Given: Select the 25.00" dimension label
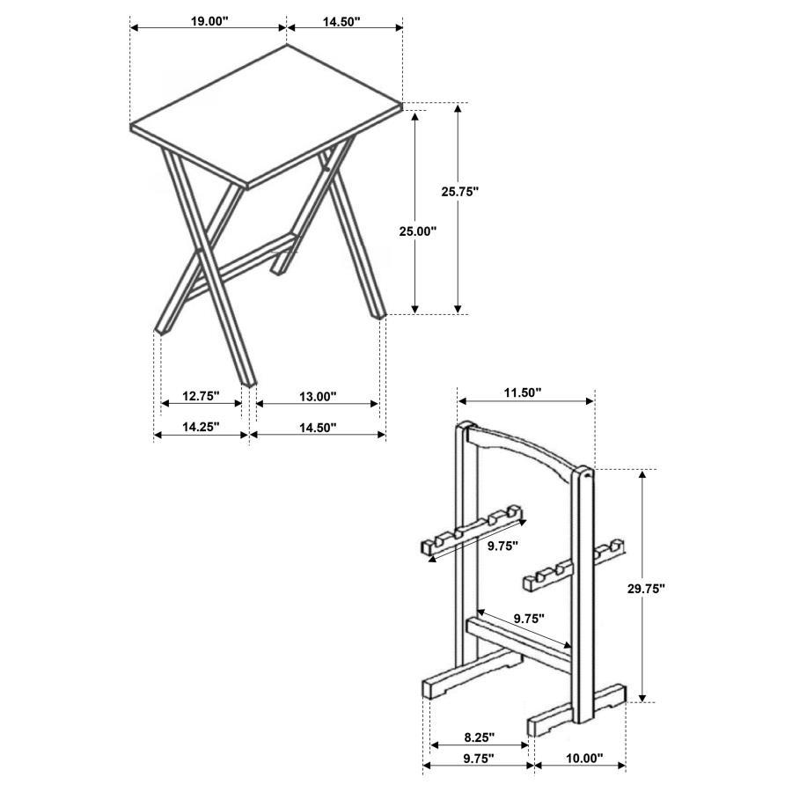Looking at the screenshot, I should [417, 231].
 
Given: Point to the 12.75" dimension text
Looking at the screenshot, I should [202, 396].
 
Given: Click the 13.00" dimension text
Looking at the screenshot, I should [318, 397].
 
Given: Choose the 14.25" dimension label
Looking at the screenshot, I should [202, 428].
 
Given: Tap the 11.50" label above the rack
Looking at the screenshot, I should [523, 392].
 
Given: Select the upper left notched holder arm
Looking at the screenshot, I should [471, 532].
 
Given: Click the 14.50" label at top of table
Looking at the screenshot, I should [341, 22].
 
